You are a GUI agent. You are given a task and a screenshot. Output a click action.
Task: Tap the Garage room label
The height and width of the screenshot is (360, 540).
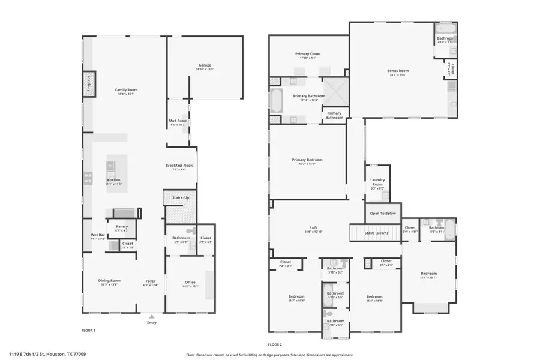(x=205, y=65)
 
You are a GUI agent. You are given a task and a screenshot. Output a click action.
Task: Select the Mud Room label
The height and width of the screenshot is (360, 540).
(x=178, y=121)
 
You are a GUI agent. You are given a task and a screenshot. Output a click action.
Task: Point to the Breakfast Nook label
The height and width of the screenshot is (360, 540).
(x=180, y=166)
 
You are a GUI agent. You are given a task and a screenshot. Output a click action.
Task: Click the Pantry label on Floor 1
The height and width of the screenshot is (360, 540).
(x=122, y=226)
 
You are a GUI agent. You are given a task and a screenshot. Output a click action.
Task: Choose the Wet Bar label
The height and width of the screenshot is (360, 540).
(x=98, y=235)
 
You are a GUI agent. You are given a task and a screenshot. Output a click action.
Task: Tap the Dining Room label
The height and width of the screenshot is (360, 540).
(x=110, y=280)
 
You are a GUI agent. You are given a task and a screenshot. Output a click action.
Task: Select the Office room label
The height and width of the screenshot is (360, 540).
(x=190, y=282)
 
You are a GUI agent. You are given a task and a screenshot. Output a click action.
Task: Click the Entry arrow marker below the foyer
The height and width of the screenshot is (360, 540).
(x=151, y=316)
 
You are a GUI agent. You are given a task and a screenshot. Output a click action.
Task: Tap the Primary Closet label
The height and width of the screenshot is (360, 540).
(x=308, y=54)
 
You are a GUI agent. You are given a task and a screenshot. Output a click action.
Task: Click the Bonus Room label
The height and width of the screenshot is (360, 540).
(x=397, y=71)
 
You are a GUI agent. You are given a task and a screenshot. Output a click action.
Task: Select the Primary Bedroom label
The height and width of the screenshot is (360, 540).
(x=307, y=160)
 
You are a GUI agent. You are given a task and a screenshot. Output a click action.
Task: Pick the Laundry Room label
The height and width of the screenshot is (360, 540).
(x=377, y=182)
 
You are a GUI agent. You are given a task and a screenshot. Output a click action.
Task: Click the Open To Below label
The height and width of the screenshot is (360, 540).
(x=383, y=213)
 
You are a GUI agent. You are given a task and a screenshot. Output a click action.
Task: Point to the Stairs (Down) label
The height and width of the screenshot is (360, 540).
(x=375, y=232)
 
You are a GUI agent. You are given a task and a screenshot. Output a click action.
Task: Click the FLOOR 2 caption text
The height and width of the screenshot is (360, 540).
(x=275, y=344)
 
